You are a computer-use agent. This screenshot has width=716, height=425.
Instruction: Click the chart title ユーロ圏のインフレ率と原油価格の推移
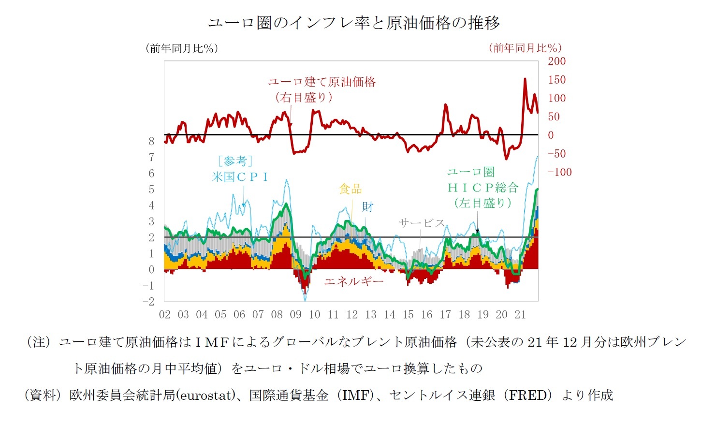click(x=354, y=23)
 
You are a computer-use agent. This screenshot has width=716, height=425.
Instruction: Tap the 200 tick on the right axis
click(x=556, y=61)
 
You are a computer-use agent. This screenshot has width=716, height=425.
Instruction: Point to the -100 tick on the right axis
click(x=559, y=172)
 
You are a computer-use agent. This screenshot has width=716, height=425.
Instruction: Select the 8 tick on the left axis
click(x=151, y=141)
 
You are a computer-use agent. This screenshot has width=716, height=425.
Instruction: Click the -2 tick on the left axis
click(x=148, y=301)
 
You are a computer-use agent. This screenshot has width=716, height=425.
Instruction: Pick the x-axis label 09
click(x=295, y=315)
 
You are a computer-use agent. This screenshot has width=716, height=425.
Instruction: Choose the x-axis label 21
click(x=520, y=315)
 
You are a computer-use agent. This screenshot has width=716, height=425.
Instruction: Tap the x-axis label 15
click(x=408, y=315)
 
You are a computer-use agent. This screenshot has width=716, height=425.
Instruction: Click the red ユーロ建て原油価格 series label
click(x=322, y=82)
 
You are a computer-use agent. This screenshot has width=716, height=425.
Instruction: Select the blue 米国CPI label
click(x=240, y=177)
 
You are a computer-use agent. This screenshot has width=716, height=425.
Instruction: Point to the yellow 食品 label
click(x=351, y=189)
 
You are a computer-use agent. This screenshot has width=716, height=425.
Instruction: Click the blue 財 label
click(x=368, y=207)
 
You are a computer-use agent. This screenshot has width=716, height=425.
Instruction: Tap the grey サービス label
click(x=421, y=223)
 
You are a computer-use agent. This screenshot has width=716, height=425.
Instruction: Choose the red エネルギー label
click(x=353, y=281)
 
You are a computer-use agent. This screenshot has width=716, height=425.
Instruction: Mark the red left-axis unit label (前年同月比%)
click(x=525, y=48)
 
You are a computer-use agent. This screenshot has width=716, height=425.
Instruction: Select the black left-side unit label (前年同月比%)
click(x=182, y=48)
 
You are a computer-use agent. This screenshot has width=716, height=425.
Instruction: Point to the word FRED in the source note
click(x=530, y=396)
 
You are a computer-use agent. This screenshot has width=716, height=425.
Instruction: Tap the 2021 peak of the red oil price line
click(x=525, y=79)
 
